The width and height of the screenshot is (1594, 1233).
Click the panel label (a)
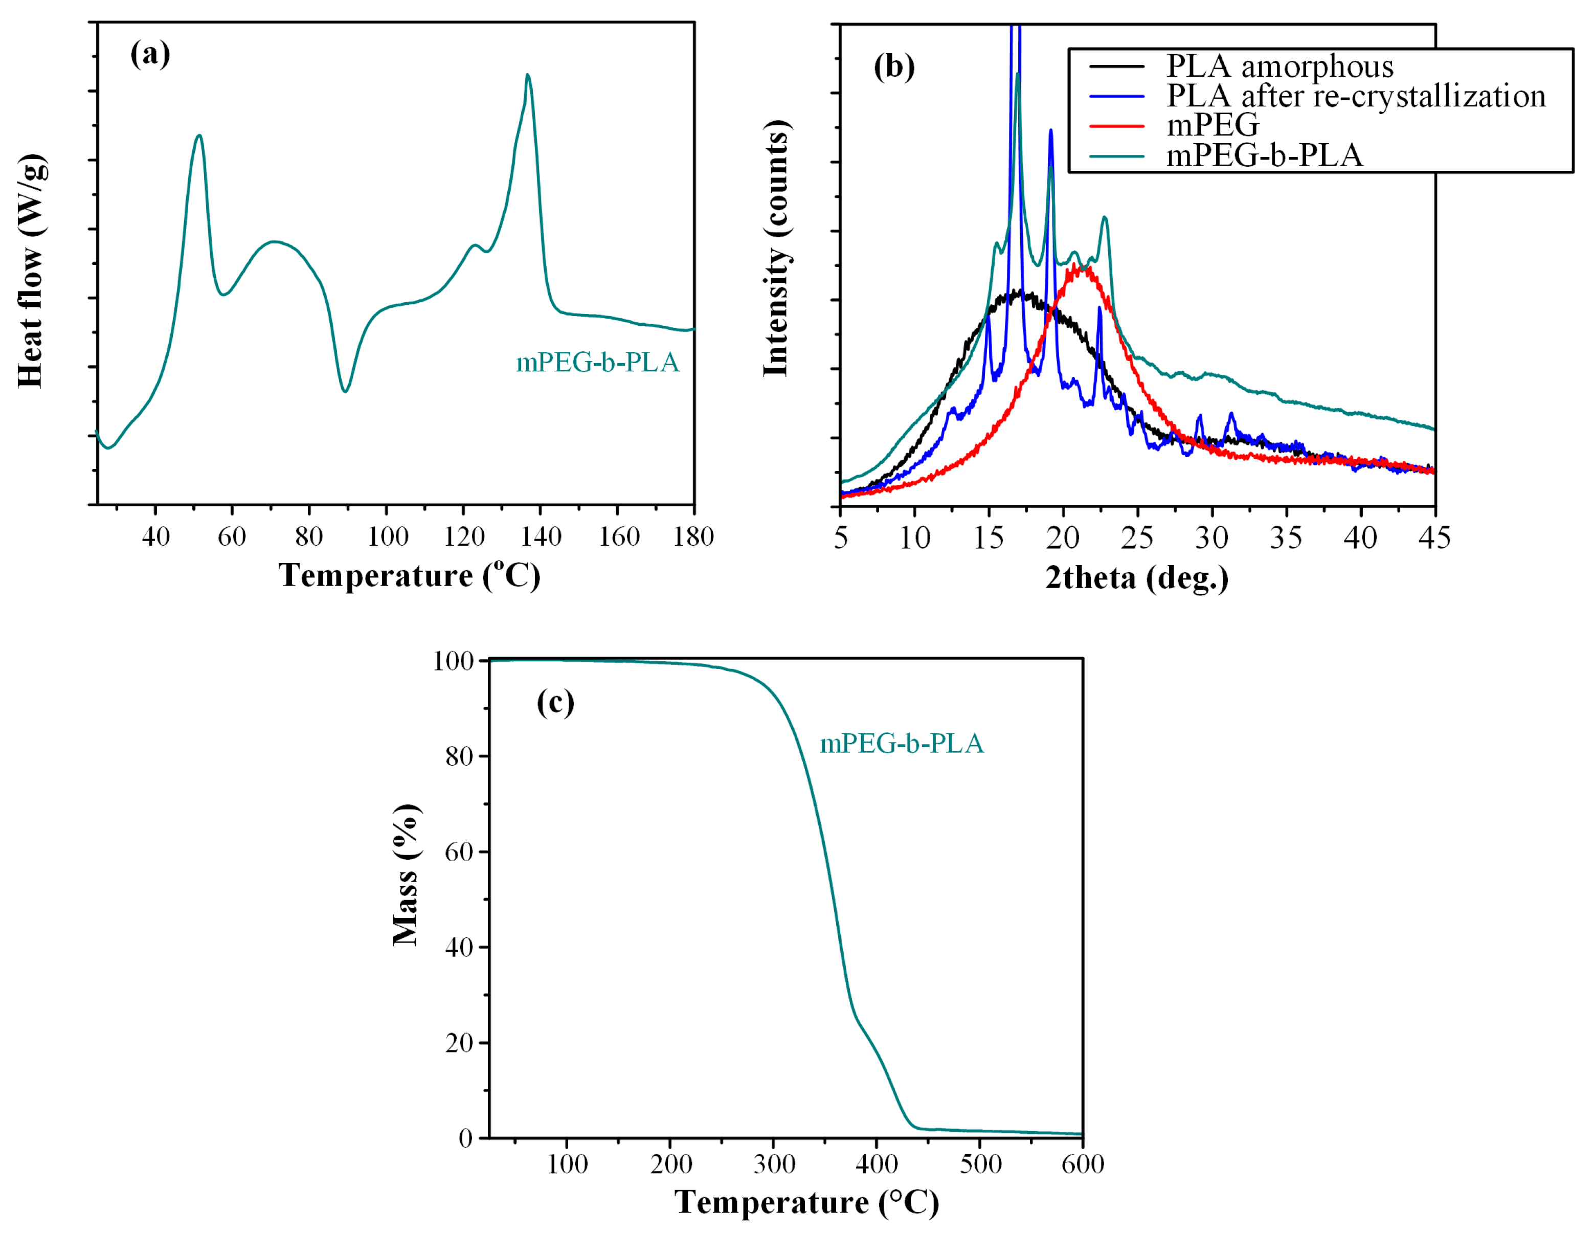tap(150, 54)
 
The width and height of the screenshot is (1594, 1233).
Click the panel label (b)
tap(893, 66)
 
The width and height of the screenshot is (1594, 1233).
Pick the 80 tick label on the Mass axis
tap(459, 757)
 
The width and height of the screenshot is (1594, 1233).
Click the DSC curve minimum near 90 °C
tap(345, 391)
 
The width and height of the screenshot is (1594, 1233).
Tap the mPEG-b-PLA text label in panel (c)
tap(902, 744)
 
